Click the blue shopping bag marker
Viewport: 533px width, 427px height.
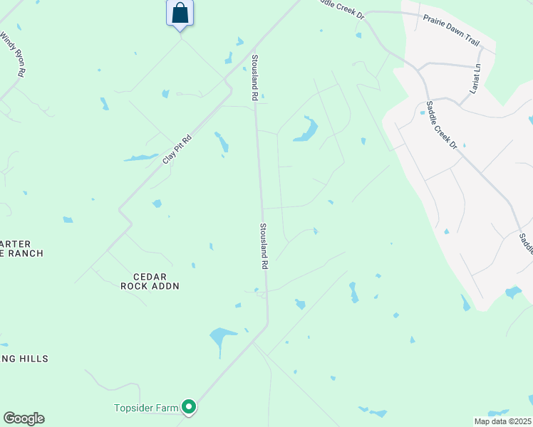(x=180, y=13)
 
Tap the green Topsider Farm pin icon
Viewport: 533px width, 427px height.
(x=189, y=407)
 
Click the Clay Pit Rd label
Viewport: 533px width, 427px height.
(x=177, y=149)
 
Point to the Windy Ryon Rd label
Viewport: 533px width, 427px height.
(x=14, y=53)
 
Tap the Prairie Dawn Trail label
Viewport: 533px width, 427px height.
(x=452, y=28)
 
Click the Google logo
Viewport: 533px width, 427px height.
(x=24, y=418)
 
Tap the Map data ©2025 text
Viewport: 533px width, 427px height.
(x=502, y=421)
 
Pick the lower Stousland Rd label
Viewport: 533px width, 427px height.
(x=263, y=246)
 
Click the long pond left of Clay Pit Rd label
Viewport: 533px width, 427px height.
(x=140, y=157)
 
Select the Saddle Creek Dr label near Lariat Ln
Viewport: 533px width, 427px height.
(x=442, y=125)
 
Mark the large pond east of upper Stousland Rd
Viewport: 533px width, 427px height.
(x=307, y=131)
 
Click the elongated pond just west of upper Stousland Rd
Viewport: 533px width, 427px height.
(x=222, y=142)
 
